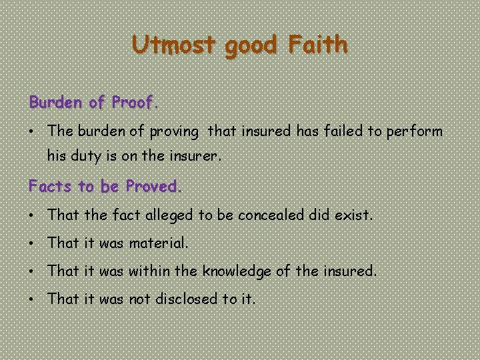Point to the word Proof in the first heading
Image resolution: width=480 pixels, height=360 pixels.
point(133,103)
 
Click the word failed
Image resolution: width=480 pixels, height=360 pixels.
point(341,131)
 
